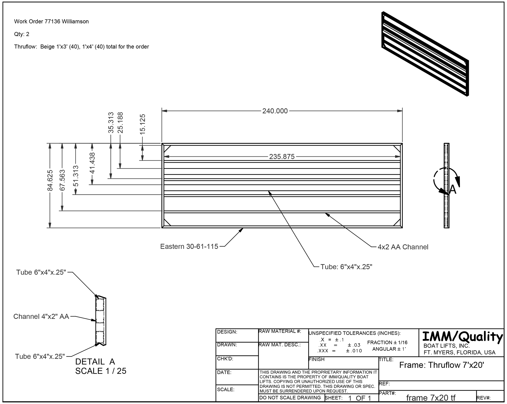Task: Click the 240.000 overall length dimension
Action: pos(275,111)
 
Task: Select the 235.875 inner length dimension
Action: pos(282,157)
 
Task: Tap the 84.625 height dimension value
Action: pos(50,180)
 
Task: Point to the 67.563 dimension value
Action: pos(62,180)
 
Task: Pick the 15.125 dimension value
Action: pos(142,124)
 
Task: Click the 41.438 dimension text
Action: pos(92,163)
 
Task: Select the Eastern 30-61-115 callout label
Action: pos(189,247)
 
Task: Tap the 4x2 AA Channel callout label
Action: pos(403,247)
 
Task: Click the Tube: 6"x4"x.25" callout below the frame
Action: pos(346,267)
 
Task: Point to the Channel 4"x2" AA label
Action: pos(41,316)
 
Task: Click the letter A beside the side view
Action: pos(453,190)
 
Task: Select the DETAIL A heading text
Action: pos(95,362)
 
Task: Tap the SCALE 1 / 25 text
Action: pos(101,371)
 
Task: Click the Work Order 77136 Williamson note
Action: pos(51,22)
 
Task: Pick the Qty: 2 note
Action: pos(22,34)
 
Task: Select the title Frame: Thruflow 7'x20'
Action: pos(441,365)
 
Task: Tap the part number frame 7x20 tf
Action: pos(431,398)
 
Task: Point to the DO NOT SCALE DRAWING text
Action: pos(290,398)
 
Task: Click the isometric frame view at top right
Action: pos(425,54)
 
